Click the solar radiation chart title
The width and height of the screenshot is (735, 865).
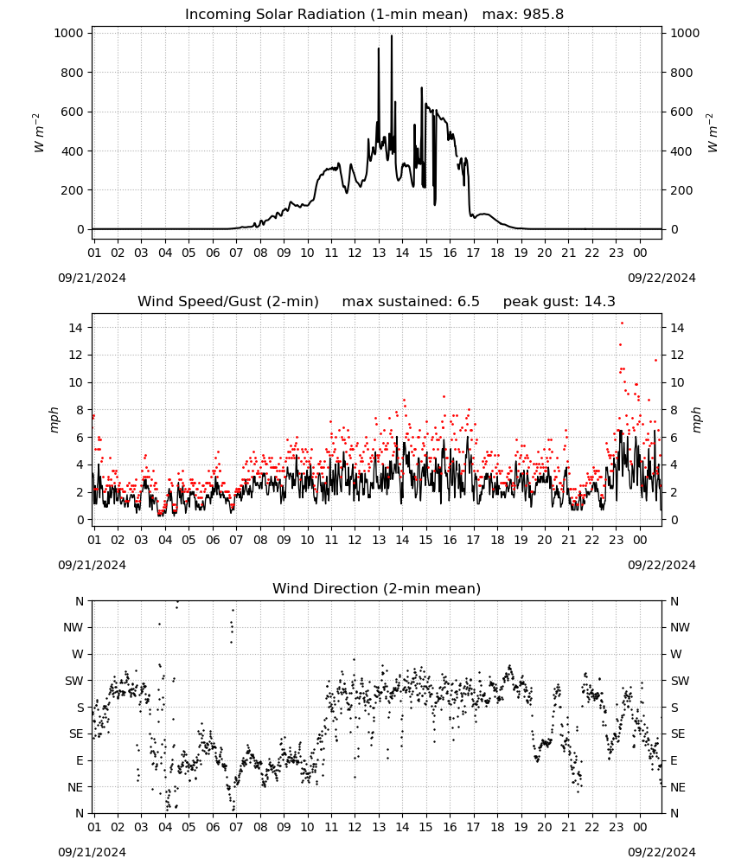coord(374,15)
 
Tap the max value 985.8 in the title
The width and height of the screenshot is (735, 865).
coord(544,15)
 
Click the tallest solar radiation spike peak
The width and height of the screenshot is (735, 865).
coord(392,35)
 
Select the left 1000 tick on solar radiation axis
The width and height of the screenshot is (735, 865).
coord(69,33)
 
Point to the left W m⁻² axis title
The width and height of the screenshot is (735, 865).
coord(39,132)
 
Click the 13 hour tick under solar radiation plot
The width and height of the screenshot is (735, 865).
coord(379,253)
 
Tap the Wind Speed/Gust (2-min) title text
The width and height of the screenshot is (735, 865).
coord(228,302)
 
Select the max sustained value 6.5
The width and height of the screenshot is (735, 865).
coord(469,302)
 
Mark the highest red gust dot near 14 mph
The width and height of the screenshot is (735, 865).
coord(622,324)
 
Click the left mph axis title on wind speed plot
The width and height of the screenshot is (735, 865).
coord(54,420)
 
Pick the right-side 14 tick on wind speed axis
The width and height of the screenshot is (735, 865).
coord(677,328)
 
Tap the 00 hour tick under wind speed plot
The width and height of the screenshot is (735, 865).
coord(640,540)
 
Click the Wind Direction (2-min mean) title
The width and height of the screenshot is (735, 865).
coord(377,588)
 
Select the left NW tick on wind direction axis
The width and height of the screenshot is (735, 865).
coord(73,628)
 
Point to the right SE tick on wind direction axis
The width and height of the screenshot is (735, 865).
coord(678,734)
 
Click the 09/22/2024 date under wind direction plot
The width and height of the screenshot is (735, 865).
coord(661,852)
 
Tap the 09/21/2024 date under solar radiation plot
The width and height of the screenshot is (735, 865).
coord(92,278)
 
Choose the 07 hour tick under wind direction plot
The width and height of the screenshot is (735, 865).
coord(236,828)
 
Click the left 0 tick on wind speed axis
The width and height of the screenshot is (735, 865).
coord(80,520)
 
